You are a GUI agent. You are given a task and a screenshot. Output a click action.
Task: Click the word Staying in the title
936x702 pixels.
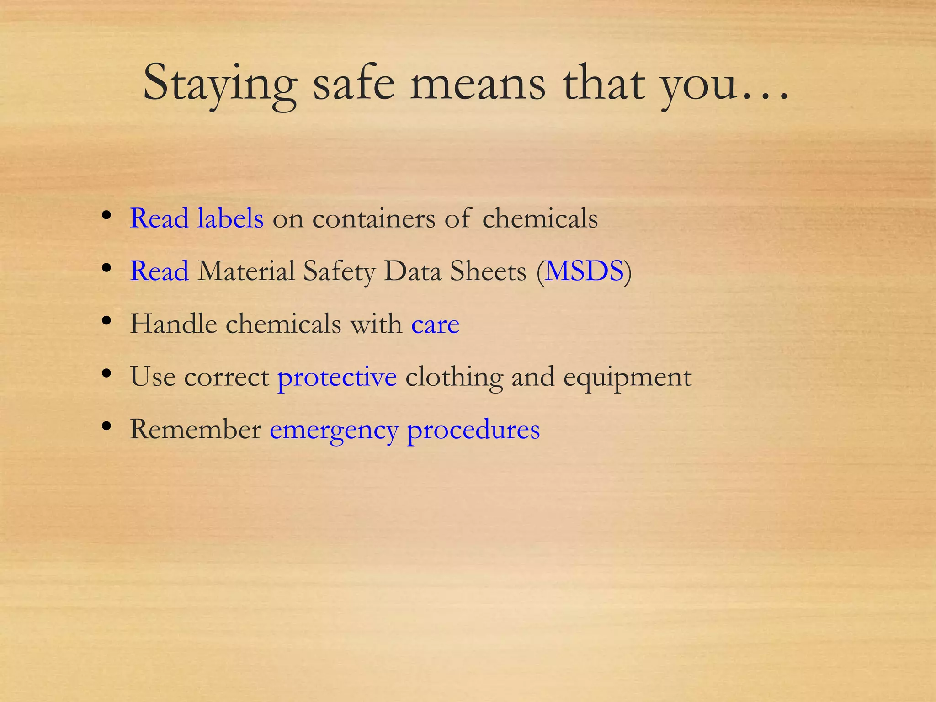point(220,85)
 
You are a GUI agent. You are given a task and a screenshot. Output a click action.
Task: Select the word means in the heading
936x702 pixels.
point(477,85)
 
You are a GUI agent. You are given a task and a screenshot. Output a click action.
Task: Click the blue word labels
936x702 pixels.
point(230,218)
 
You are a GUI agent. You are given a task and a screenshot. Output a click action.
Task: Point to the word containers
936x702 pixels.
point(373,219)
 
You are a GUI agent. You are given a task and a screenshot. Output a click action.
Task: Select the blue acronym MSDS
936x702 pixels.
point(585,271)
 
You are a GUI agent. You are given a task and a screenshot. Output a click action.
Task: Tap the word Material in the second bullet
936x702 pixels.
point(246,271)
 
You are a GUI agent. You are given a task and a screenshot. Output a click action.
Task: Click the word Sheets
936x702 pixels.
point(488,271)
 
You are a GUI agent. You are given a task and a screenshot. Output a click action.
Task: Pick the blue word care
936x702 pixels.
point(435,324)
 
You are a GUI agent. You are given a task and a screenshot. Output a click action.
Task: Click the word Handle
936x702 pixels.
point(173,324)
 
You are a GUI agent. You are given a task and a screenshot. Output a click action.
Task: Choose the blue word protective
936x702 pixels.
point(337,378)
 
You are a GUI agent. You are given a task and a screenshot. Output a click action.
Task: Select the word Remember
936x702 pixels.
point(195,429)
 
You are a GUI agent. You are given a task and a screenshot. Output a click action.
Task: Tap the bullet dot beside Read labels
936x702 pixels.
point(106,215)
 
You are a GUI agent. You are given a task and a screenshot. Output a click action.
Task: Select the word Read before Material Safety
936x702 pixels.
point(159,271)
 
